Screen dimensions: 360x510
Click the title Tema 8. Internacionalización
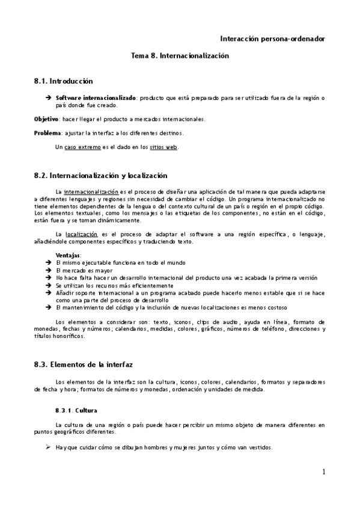180,55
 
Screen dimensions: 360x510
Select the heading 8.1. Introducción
64,80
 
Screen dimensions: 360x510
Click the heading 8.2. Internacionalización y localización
100,176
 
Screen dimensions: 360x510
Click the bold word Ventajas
69,256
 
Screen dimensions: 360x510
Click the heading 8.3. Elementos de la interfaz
84,364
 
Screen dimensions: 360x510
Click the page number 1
323,472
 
